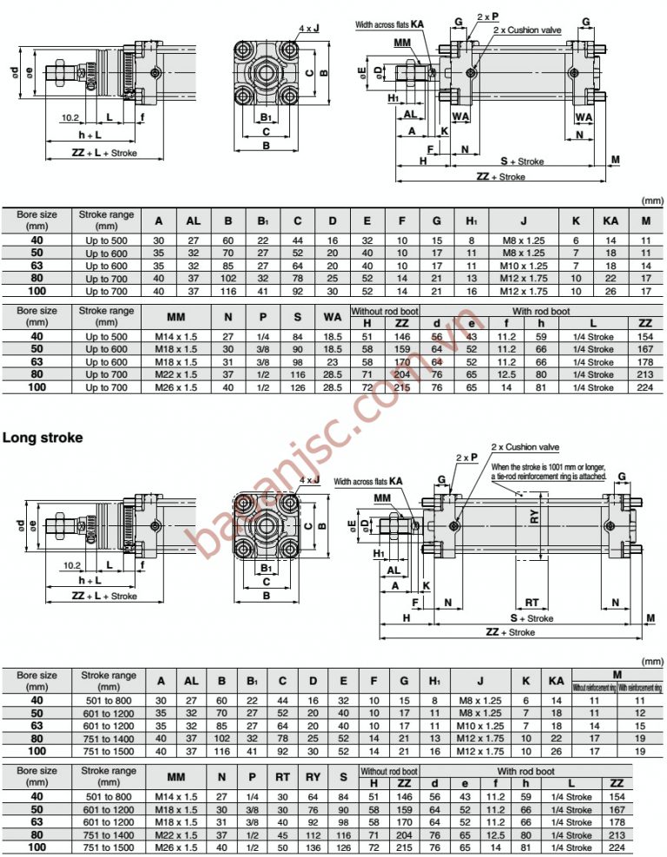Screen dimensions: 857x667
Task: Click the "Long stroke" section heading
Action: click(x=43, y=438)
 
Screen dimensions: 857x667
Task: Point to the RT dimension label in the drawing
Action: click(x=532, y=602)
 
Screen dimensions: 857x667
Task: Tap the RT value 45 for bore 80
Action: click(x=282, y=834)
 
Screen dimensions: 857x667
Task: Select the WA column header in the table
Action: click(x=332, y=316)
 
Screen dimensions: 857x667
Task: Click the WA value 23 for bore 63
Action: click(x=332, y=362)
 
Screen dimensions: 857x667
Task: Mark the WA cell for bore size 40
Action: click(x=332, y=336)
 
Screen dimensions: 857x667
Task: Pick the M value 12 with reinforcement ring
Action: click(x=640, y=712)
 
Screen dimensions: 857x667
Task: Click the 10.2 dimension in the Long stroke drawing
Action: click(x=72, y=564)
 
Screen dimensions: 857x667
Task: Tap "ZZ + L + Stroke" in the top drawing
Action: click(x=104, y=154)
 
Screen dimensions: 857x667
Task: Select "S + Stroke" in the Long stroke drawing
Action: click(x=532, y=618)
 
